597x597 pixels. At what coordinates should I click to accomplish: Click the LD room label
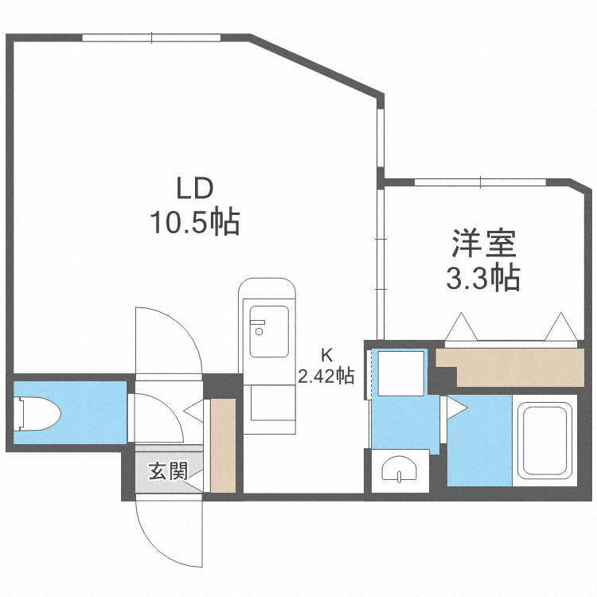pyautogui.click(x=193, y=189)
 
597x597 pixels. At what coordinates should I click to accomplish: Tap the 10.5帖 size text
pyautogui.click(x=195, y=222)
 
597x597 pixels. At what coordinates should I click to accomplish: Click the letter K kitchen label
pyautogui.click(x=326, y=354)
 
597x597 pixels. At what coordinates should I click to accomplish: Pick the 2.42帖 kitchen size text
pyautogui.click(x=326, y=375)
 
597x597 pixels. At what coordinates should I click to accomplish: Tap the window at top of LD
pyautogui.click(x=151, y=37)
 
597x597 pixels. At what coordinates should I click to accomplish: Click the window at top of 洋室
pyautogui.click(x=481, y=182)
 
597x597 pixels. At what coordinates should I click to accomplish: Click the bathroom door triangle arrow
pyautogui.click(x=457, y=408)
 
